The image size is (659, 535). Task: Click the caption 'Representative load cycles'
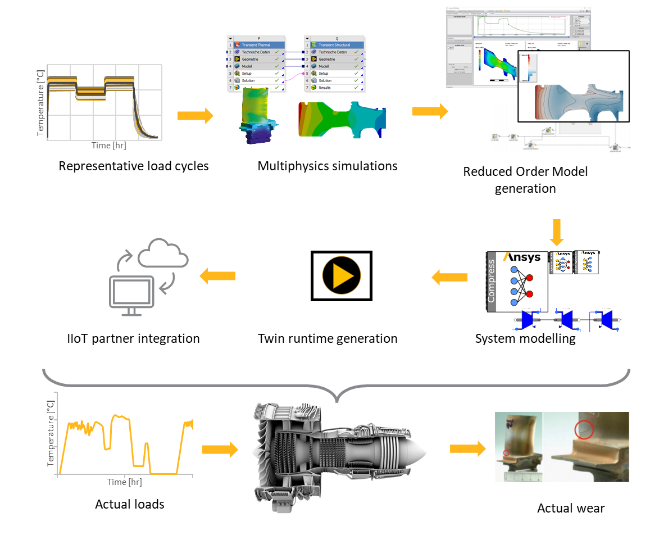pyautogui.click(x=134, y=166)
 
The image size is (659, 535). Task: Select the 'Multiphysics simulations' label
pyautogui.click(x=328, y=166)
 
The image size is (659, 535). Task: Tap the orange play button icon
pyautogui.click(x=341, y=276)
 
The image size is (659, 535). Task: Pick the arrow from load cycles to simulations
pyautogui.click(x=195, y=116)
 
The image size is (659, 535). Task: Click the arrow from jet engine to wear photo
pyautogui.click(x=467, y=448)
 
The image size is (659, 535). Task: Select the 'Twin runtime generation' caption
pyautogui.click(x=328, y=338)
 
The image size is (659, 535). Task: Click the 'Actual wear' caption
pyautogui.click(x=571, y=508)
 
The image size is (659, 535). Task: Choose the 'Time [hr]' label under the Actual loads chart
pyautogui.click(x=125, y=482)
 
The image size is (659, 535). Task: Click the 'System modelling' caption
pyautogui.click(x=525, y=338)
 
